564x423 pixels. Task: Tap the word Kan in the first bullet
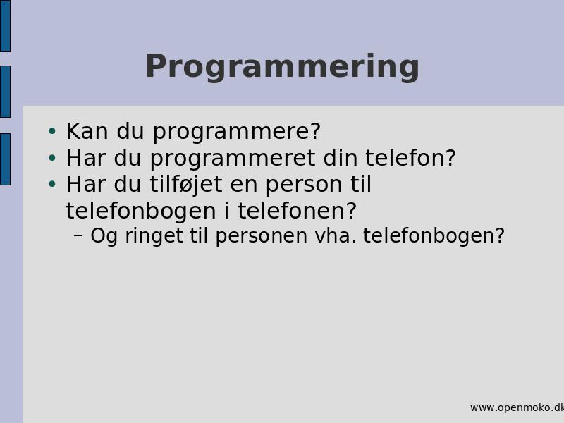(x=87, y=131)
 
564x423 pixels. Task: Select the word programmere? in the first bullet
(x=237, y=133)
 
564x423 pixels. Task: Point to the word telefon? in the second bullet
(x=411, y=158)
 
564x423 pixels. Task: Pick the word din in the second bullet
(x=341, y=158)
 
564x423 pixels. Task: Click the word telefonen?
(x=297, y=211)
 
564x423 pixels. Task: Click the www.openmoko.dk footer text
(x=517, y=408)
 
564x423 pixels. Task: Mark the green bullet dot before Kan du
(x=52, y=131)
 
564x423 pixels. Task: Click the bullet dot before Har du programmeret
(x=52, y=157)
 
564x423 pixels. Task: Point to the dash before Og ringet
(x=78, y=235)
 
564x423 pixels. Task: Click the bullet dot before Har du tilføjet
(x=52, y=184)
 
